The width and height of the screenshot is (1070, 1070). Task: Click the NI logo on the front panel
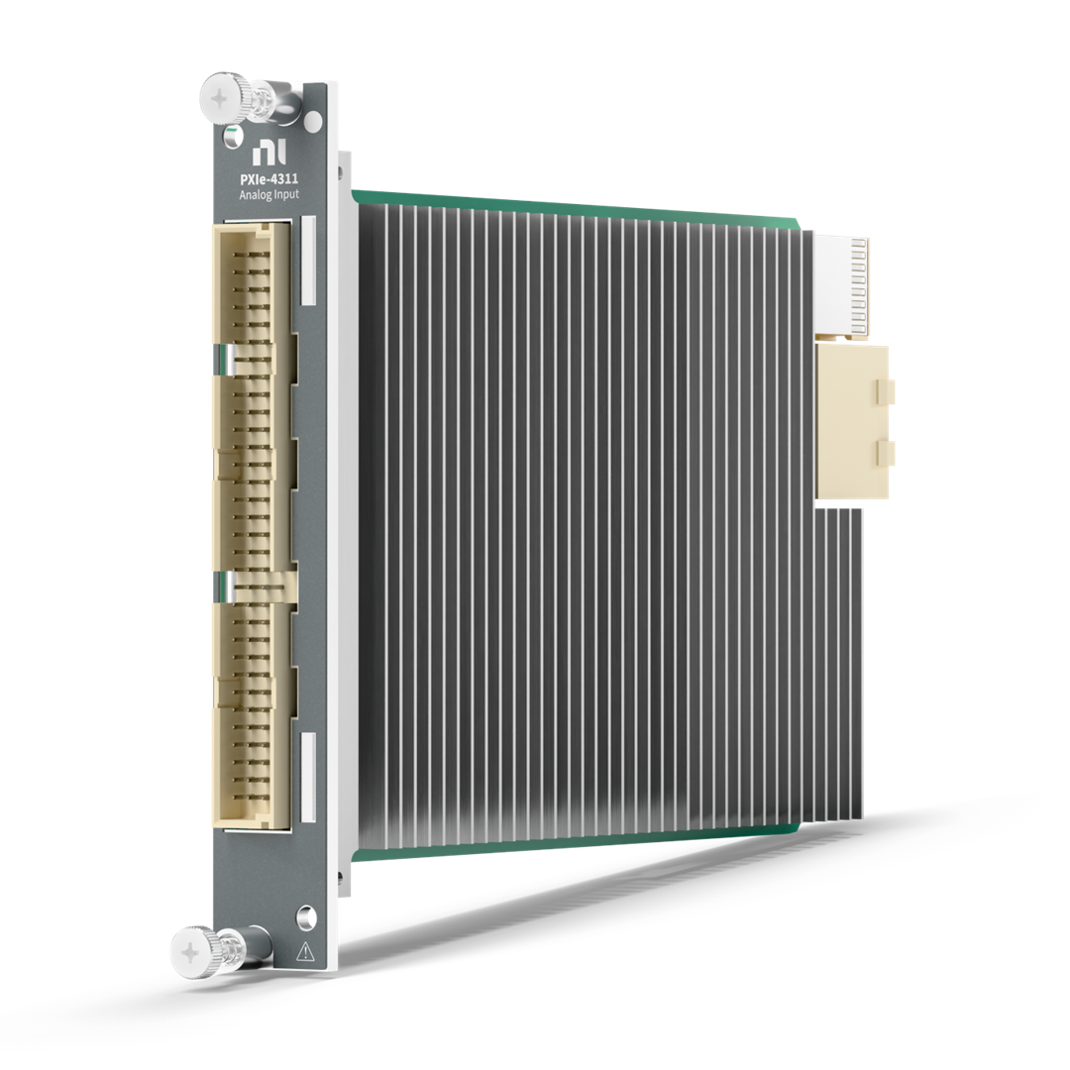coord(268,153)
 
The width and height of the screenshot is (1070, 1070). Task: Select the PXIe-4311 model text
coord(268,179)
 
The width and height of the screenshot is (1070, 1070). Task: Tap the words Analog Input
coord(268,194)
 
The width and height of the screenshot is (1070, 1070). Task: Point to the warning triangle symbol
coord(305,951)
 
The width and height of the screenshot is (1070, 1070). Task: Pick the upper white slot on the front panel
coord(308,261)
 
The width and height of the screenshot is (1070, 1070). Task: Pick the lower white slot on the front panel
coord(308,777)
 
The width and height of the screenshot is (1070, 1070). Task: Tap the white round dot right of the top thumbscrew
coord(312,122)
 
